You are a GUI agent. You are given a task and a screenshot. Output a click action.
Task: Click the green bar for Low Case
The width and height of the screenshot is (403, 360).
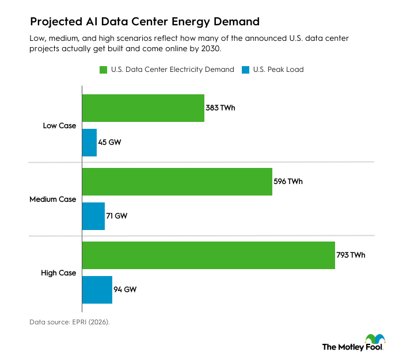pos(143,108)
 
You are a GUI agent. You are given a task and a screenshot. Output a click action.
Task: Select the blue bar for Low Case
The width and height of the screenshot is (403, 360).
pos(89,142)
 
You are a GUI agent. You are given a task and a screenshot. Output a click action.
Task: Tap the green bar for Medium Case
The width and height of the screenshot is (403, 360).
pos(177,182)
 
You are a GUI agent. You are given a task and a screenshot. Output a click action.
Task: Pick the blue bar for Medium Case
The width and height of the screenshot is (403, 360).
pos(93,216)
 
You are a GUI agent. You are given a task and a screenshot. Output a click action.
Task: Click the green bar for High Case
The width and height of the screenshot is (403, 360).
pos(208,255)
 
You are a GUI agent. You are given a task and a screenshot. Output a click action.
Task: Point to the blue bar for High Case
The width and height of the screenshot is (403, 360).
pos(97,290)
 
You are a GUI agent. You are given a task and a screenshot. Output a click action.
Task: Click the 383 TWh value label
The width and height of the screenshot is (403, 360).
pos(220,108)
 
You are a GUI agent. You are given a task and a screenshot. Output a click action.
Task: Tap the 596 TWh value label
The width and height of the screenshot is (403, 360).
pos(288,182)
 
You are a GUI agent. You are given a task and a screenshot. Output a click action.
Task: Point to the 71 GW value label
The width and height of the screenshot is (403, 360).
pos(117,216)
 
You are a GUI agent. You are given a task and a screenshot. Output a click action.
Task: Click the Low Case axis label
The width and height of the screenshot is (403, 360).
pos(59,125)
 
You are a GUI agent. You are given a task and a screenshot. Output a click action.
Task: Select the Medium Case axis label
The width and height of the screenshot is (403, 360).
pos(53,199)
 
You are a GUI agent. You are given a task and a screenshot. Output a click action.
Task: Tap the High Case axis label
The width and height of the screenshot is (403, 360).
pos(59,273)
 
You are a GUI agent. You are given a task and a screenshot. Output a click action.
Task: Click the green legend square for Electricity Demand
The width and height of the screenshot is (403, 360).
pos(104,70)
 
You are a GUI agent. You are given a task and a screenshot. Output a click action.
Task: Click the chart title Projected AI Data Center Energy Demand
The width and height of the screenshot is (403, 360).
pos(145,22)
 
